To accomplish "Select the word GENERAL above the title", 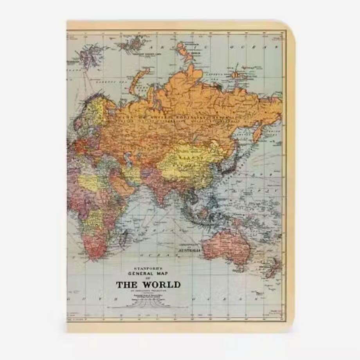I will click(x=144, y=274).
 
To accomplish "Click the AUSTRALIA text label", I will click(x=189, y=249).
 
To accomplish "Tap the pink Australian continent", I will click(x=227, y=245).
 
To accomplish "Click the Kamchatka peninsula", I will click(x=258, y=130).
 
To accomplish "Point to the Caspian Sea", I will click(x=127, y=158).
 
